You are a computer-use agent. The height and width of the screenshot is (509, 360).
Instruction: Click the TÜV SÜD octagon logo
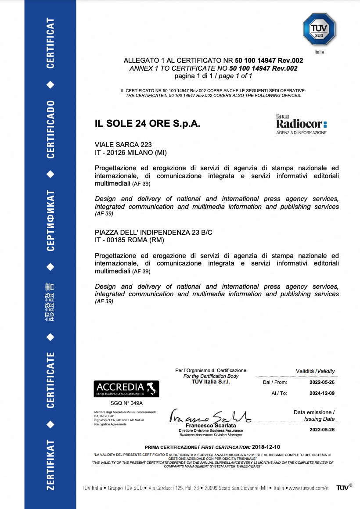pos(319,29)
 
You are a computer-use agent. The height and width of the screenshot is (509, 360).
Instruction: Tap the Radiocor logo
pos(301,124)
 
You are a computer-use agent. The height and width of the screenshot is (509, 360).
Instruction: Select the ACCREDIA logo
pos(126,389)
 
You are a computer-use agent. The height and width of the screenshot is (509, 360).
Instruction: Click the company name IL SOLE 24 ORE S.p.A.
pos(148,124)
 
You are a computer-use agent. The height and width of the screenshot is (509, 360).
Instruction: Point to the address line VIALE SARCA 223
pos(123,144)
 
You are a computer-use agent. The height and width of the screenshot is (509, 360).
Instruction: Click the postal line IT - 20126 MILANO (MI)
pos(131,152)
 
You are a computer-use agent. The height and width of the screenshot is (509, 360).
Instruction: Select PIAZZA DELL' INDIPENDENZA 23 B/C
pos(154,232)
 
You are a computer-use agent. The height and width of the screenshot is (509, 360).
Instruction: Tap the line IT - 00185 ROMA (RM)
pos(126,240)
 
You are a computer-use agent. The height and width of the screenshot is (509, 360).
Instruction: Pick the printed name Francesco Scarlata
pos(211,426)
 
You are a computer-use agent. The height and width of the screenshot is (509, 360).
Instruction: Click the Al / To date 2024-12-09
pos(322,393)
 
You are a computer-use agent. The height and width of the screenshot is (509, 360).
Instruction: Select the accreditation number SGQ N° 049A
pos(126,402)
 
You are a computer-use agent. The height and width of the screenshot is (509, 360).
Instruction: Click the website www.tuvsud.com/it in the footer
pos(308,488)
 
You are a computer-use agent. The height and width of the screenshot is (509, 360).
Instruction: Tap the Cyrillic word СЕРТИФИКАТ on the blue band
pos(51,220)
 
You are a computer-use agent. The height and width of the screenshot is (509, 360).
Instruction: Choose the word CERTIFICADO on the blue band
pos(51,129)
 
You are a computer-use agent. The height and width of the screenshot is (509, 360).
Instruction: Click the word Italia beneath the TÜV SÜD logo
pos(319,52)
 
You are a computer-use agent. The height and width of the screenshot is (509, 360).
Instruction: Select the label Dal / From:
pos(275,382)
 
